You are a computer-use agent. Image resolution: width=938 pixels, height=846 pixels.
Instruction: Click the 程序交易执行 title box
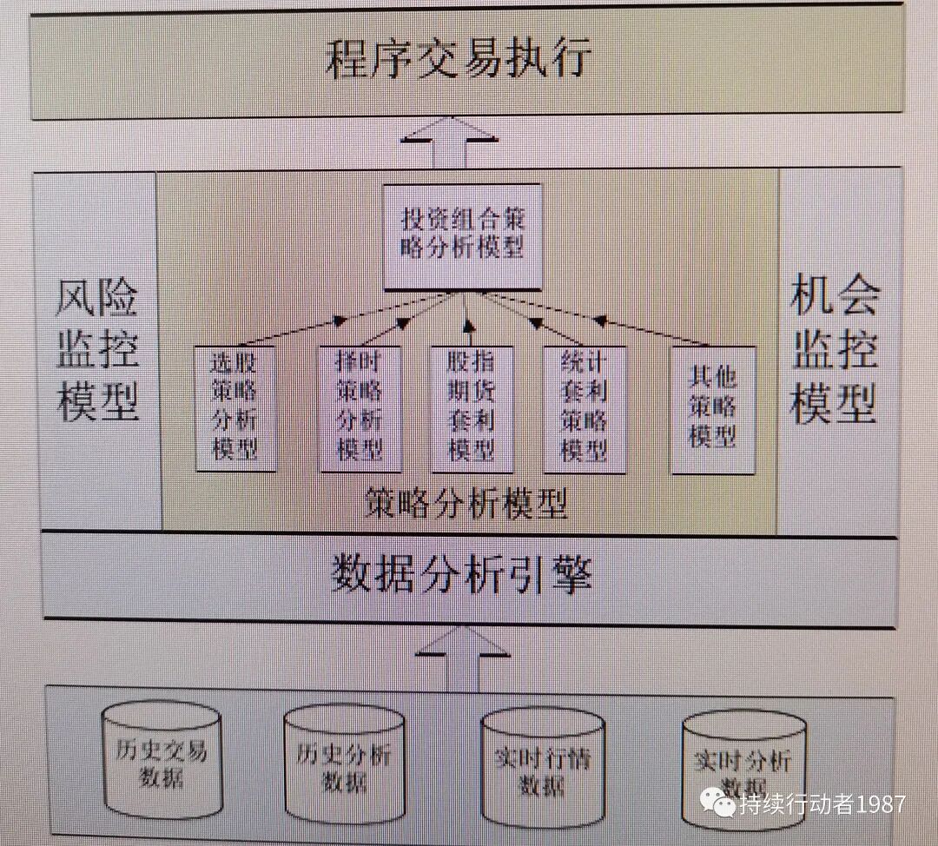[x=460, y=61]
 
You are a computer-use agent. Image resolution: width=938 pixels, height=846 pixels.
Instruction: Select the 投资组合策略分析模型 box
[x=463, y=235]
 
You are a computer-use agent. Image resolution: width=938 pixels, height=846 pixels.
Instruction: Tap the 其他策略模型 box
[x=713, y=409]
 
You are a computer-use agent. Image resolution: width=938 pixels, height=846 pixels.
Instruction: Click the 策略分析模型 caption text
[x=466, y=503]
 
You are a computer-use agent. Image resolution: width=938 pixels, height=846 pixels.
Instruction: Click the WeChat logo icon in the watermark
[x=718, y=804]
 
